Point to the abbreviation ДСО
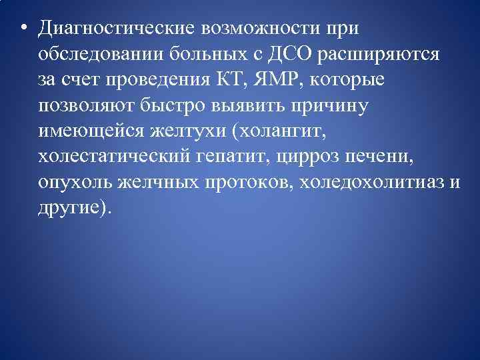[x=271, y=54]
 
